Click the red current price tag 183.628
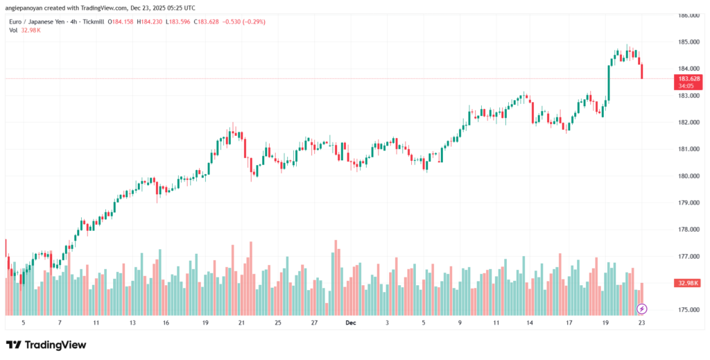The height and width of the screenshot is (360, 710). pyautogui.click(x=689, y=79)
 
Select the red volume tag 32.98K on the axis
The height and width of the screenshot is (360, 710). pyautogui.click(x=689, y=283)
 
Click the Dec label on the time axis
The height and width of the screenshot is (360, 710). pyautogui.click(x=352, y=323)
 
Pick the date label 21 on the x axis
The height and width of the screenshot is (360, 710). pyautogui.click(x=241, y=323)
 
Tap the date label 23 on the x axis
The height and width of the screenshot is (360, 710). pyautogui.click(x=642, y=323)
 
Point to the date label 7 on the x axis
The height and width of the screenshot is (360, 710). pyautogui.click(x=60, y=323)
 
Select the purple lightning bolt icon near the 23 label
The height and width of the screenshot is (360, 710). pyautogui.click(x=642, y=309)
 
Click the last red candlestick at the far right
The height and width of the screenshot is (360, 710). pyautogui.click(x=642, y=71)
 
